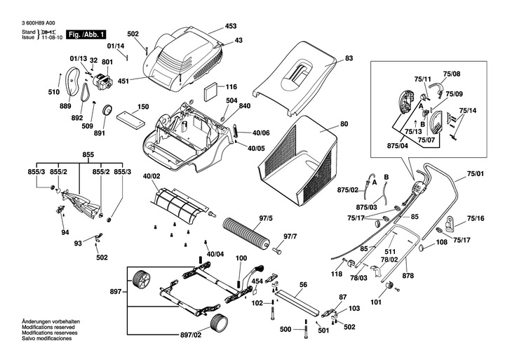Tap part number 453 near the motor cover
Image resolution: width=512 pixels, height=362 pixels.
coord(231,27)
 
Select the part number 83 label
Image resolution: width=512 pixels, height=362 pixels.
coord(349,60)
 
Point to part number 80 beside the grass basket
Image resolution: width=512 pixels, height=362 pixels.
coord(344,124)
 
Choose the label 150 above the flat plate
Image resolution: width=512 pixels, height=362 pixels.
coord(143,107)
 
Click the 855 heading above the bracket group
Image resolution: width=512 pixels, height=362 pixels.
coord(88,154)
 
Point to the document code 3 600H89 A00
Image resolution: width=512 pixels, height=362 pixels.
coord(43,24)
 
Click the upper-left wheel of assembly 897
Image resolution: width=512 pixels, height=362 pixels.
coord(141,281)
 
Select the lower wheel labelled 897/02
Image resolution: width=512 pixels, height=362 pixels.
coord(220,326)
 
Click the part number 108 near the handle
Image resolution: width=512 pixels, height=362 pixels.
coord(441,243)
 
